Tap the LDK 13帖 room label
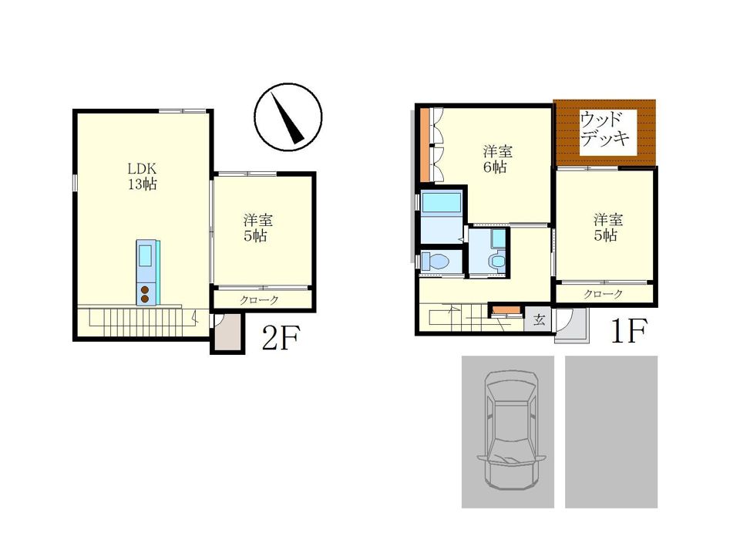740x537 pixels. tap(142, 176)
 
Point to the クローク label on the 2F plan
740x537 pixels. tap(259, 300)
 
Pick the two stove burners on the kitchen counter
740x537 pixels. tap(145, 294)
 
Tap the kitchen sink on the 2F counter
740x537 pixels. tap(145, 256)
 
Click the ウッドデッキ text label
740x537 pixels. tap(604, 129)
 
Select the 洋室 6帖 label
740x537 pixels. tap(497, 159)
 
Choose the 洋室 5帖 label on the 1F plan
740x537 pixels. tap(608, 227)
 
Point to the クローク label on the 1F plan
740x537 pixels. tap(604, 294)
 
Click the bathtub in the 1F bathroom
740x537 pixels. tap(442, 203)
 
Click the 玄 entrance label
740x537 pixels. tap(539, 319)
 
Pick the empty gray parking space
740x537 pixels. tap(611, 431)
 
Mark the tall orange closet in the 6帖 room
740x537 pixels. tap(425, 145)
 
